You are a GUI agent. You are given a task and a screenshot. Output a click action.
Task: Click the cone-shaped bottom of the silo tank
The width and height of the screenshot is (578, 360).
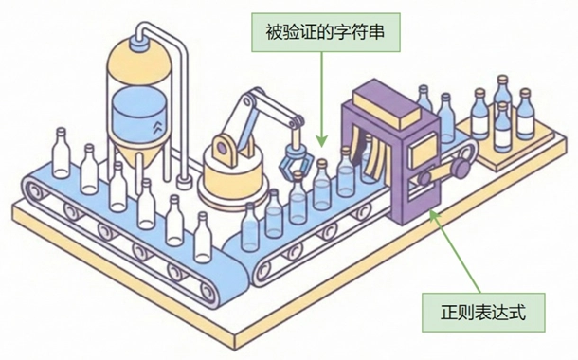tap(138, 163)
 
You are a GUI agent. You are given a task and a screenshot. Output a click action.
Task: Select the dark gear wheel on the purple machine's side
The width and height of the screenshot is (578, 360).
tap(461, 168)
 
